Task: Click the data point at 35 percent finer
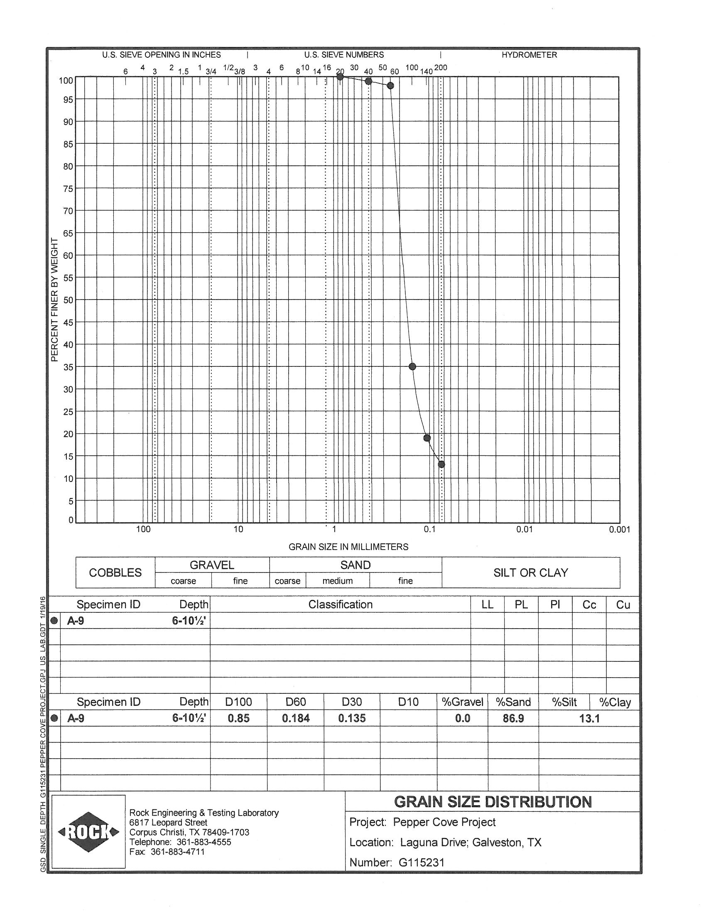[x=412, y=366]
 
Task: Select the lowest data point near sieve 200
[x=441, y=464]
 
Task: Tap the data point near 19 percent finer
[x=427, y=438]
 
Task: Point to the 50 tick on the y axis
[x=68, y=300]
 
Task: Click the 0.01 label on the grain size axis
[x=524, y=529]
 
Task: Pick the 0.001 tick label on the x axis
[x=620, y=529]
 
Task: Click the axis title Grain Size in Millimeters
[x=348, y=547]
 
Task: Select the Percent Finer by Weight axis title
[x=54, y=300]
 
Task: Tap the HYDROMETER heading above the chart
[x=529, y=55]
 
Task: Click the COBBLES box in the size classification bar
[x=115, y=572]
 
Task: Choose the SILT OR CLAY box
[x=531, y=572]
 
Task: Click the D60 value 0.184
[x=296, y=718]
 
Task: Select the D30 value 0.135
[x=352, y=718]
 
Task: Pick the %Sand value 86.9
[x=513, y=718]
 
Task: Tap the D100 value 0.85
[x=239, y=718]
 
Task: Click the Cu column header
[x=623, y=605]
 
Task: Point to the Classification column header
[x=341, y=604]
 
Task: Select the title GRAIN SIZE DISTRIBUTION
[x=493, y=802]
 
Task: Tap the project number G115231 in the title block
[x=422, y=862]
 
